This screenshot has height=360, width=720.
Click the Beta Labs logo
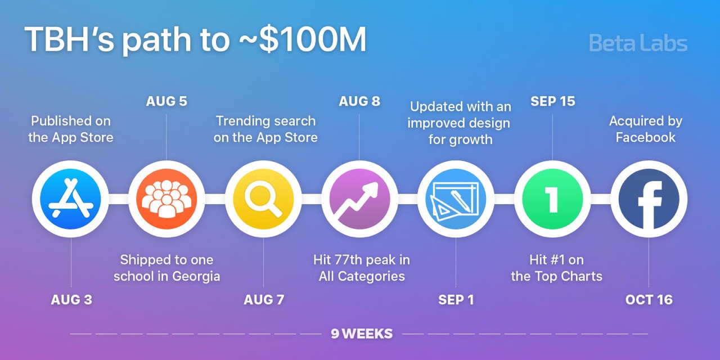click(638, 43)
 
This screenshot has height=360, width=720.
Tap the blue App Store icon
click(70, 199)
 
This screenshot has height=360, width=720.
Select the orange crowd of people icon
click(166, 199)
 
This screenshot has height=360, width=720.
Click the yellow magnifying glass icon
click(263, 199)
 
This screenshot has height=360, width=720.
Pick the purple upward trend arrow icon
click(359, 199)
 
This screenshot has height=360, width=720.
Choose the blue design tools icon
click(456, 199)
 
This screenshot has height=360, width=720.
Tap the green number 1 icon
click(552, 199)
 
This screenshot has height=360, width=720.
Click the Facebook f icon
click(649, 199)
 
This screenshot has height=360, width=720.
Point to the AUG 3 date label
click(71, 300)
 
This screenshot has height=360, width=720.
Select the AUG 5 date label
click(166, 101)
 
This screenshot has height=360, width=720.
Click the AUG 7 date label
click(264, 300)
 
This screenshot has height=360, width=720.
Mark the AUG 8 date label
click(359, 101)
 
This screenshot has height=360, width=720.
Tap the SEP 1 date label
click(456, 300)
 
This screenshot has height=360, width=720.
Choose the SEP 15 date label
click(552, 101)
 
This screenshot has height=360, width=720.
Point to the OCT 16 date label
click(649, 300)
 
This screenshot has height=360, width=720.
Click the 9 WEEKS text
click(362, 334)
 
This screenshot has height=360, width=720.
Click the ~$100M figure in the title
click(302, 39)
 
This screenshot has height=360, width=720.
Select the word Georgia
click(196, 277)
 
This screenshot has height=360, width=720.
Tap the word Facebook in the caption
click(645, 138)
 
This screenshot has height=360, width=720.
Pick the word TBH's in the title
click(69, 39)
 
